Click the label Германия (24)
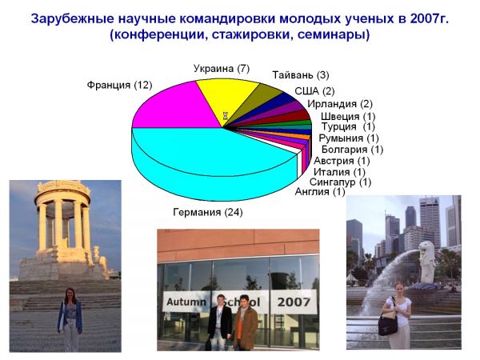pyautogui.click(x=208, y=212)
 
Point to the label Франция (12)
pyautogui.click(x=119, y=85)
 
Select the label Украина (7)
pyautogui.click(x=222, y=69)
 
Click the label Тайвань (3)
pyautogui.click(x=301, y=75)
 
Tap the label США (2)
pyautogui.click(x=314, y=91)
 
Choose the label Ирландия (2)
pyautogui.click(x=340, y=104)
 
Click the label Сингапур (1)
pyautogui.click(x=340, y=182)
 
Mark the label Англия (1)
pyautogui.click(x=320, y=192)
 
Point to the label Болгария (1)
pyautogui.click(x=352, y=150)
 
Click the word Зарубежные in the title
pyautogui.click(x=73, y=19)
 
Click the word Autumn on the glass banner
pyautogui.click(x=186, y=302)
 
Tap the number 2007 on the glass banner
pyautogui.click(x=294, y=302)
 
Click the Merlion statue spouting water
pyautogui.click(x=426, y=262)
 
